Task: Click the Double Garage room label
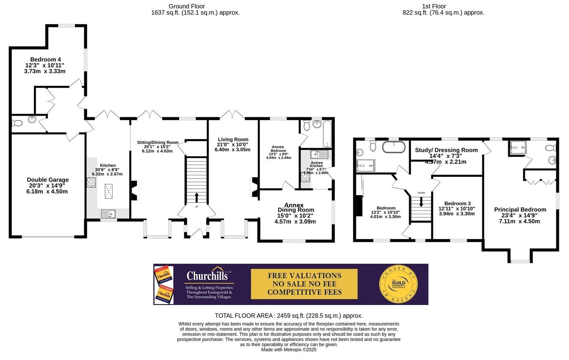pyautogui.click(x=47, y=180)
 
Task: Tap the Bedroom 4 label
pyautogui.click(x=45, y=59)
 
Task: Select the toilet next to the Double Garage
pyautogui.click(x=17, y=123)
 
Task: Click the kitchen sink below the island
pyautogui.click(x=109, y=214)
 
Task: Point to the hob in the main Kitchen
pyautogui.click(x=91, y=183)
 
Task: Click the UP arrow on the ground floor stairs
pyautogui.click(x=197, y=198)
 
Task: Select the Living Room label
pyautogui.click(x=233, y=140)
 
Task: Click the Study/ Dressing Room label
pyautogui.click(x=446, y=150)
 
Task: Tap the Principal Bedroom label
pyautogui.click(x=520, y=209)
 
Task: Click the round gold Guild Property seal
pyautogui.click(x=398, y=284)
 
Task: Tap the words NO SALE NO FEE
pyautogui.click(x=304, y=284)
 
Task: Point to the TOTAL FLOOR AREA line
pyautogui.click(x=288, y=316)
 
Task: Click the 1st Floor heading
pyautogui.click(x=434, y=6)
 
